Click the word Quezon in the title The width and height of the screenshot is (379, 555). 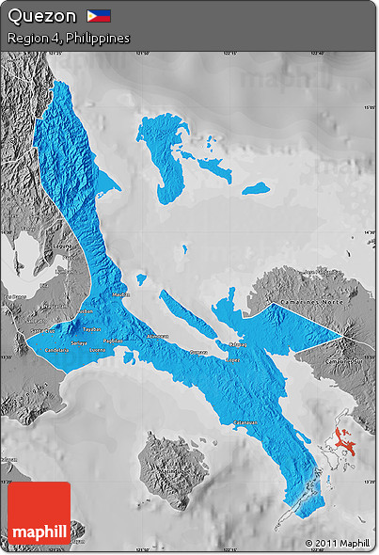(x=41, y=16)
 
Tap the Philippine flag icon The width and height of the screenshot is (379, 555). (x=99, y=15)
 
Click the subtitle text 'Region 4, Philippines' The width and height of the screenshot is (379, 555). (x=68, y=38)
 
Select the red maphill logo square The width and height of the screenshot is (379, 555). (x=39, y=514)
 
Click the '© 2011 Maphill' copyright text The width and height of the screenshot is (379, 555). (x=337, y=543)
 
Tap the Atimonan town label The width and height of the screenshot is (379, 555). (x=157, y=336)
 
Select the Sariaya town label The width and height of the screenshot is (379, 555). (x=79, y=342)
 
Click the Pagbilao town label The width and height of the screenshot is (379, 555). (x=113, y=341)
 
